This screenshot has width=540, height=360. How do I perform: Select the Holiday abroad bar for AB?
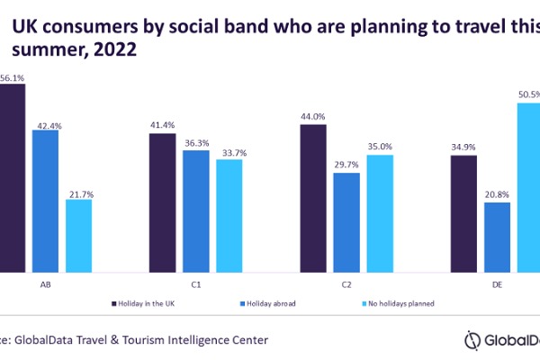(x=46, y=201)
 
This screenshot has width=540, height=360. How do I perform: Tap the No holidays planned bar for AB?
(x=78, y=235)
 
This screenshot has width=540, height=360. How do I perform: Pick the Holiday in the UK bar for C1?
(x=163, y=202)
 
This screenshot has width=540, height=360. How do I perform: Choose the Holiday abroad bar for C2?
(x=346, y=221)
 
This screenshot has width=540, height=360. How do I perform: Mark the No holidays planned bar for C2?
(x=380, y=212)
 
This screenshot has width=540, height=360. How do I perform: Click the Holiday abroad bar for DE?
(x=497, y=237)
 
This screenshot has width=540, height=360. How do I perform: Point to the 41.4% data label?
(x=163, y=123)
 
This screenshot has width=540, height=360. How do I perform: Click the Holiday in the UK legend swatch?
(x=114, y=304)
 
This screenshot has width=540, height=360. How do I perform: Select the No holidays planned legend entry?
(x=396, y=304)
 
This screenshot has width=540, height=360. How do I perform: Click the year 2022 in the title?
(x=112, y=50)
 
